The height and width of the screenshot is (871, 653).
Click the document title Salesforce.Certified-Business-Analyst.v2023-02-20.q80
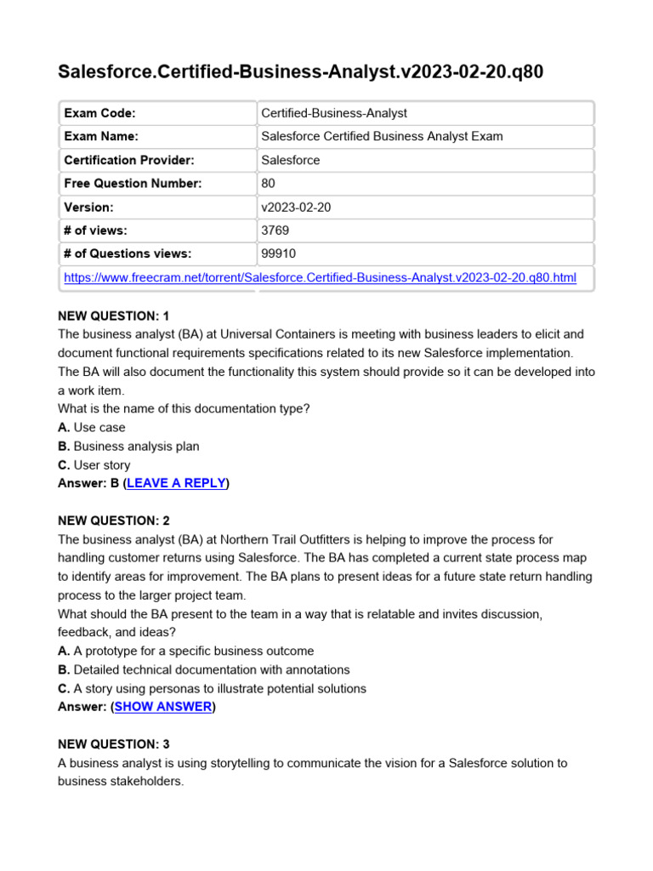pos(300,72)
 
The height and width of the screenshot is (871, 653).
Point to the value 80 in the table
pos(269,184)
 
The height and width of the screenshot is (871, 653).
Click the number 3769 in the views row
pos(275,231)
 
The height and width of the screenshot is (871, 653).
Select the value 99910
pos(279,253)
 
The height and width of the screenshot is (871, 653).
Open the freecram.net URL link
pos(321,277)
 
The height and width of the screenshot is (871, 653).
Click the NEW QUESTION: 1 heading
pos(114,316)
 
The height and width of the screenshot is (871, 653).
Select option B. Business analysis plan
pos(128,446)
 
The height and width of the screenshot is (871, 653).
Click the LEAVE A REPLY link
pos(176,483)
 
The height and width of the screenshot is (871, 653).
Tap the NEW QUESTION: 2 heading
pos(114,521)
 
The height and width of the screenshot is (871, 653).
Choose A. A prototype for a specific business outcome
pos(185,651)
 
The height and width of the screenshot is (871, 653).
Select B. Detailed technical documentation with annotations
pos(203,669)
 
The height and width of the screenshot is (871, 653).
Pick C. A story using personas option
pos(212,688)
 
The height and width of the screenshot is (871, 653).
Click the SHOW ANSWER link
pos(162,707)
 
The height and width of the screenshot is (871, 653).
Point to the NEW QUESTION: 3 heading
pos(114,744)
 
